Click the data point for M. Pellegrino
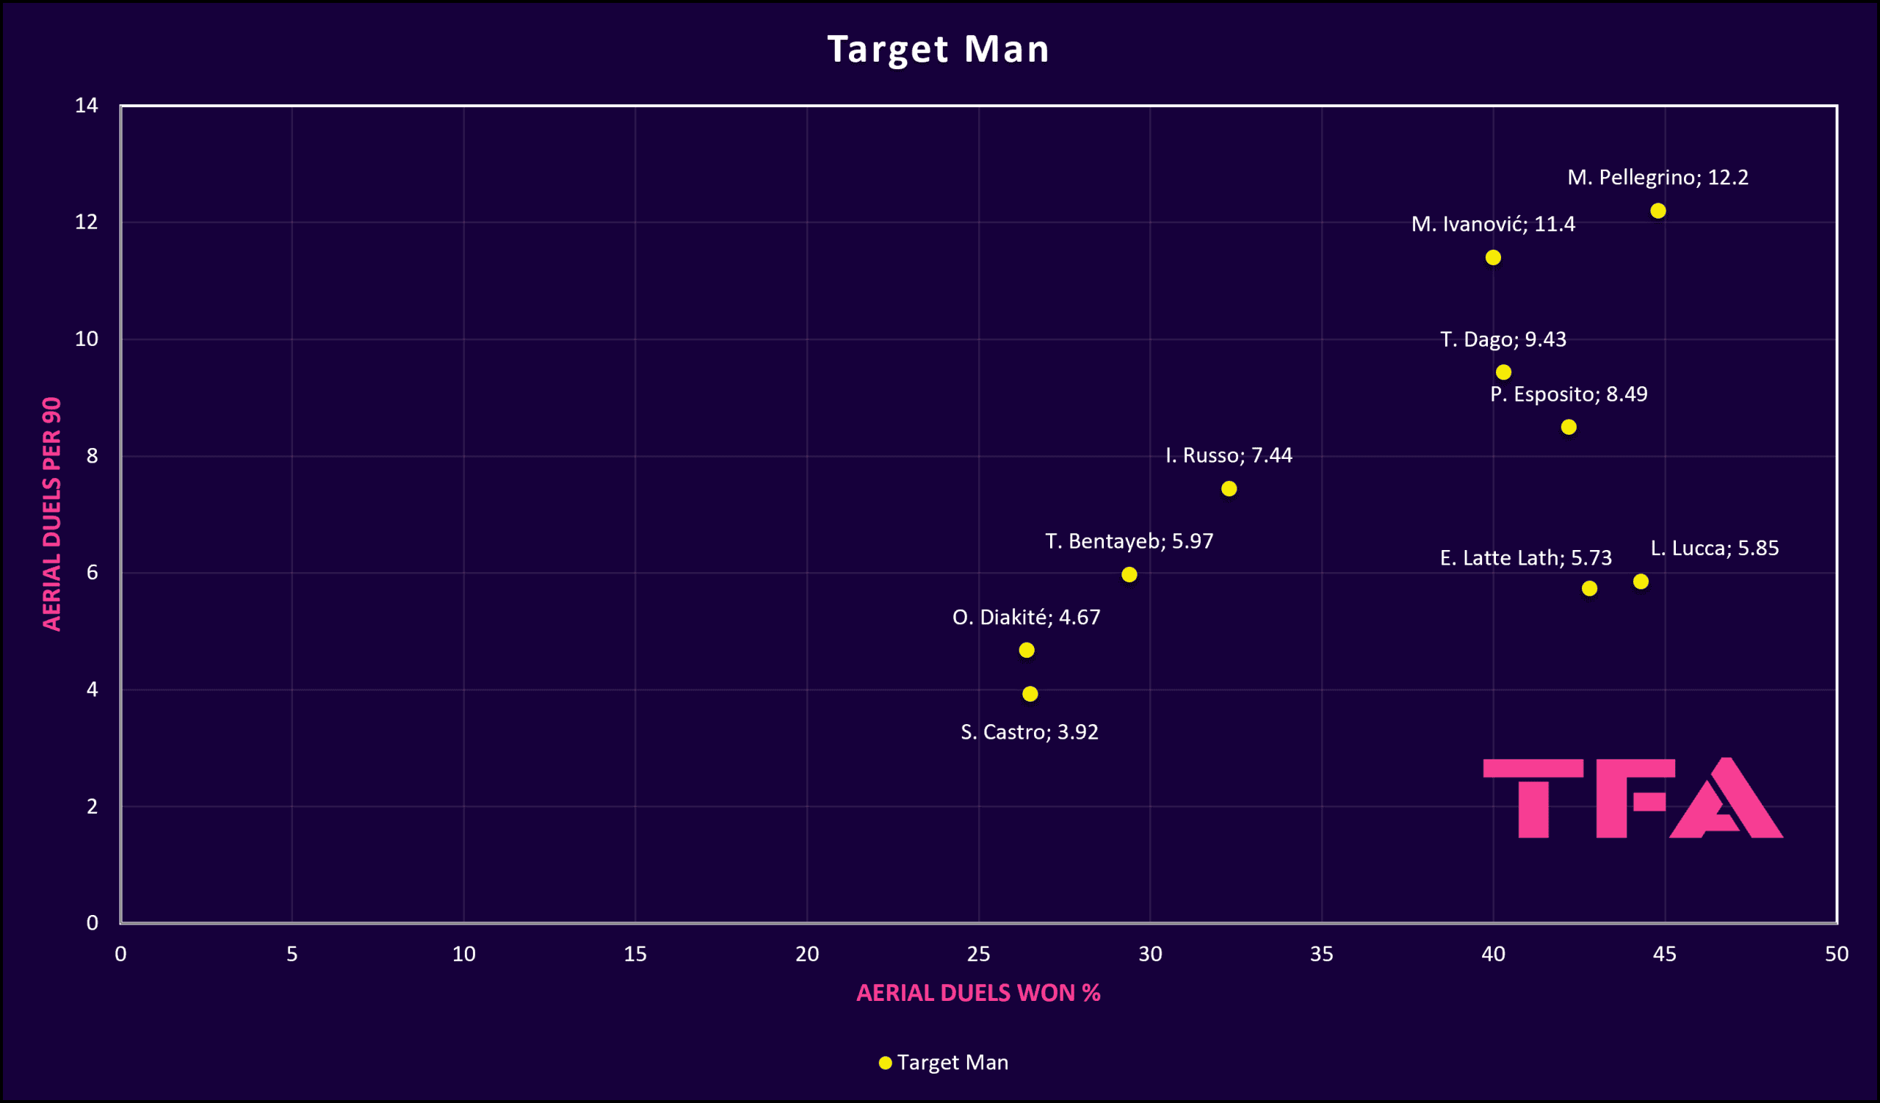click(x=1657, y=211)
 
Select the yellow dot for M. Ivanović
click(x=1493, y=257)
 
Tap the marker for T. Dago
click(x=1503, y=372)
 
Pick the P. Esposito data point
click(x=1569, y=427)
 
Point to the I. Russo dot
click(x=1229, y=488)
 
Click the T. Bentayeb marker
click(x=1129, y=574)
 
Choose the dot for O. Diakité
click(x=1027, y=651)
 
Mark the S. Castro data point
click(x=1030, y=693)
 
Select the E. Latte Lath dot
click(x=1589, y=588)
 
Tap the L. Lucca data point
click(x=1641, y=582)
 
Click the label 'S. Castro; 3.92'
click(x=1029, y=732)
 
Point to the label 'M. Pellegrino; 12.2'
click(x=1657, y=178)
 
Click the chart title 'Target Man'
click(x=939, y=49)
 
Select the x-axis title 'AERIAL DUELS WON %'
click(x=978, y=993)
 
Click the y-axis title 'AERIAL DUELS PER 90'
click(x=51, y=514)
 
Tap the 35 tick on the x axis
click(x=1321, y=954)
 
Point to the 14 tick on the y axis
click(x=87, y=106)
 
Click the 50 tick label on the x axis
click(x=1836, y=954)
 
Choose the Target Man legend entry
click(x=944, y=1062)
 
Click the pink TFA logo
click(x=1633, y=799)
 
